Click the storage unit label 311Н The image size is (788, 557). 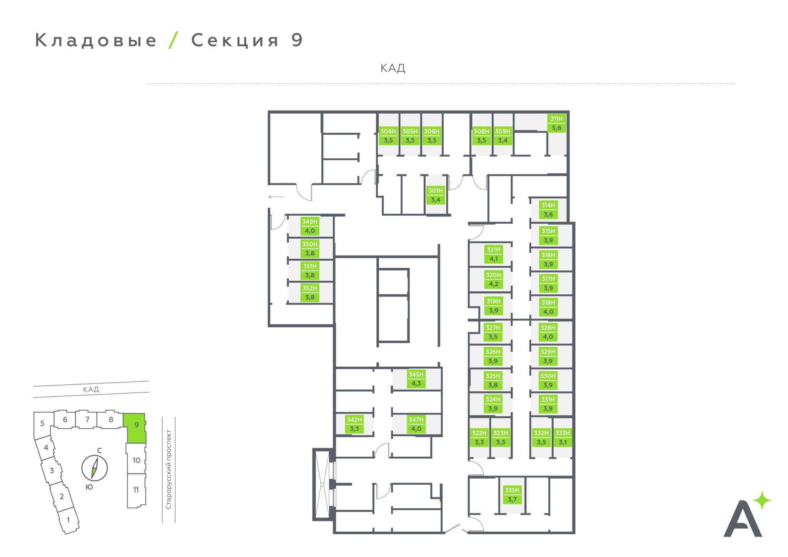556,123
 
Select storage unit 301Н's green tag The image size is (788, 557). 435,195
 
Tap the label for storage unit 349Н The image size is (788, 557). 310,226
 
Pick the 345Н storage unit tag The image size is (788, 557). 416,379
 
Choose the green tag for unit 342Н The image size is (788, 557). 354,424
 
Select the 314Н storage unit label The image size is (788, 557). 548,210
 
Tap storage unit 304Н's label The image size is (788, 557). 388,136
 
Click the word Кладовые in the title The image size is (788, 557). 96,40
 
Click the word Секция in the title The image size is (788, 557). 235,40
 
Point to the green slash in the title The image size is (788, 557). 174,40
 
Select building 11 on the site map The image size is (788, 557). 136,490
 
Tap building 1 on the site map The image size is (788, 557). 68,520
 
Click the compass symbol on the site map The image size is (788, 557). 94,468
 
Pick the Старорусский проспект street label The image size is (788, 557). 169,469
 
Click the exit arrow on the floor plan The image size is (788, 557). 276,197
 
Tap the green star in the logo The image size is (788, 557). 762,501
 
